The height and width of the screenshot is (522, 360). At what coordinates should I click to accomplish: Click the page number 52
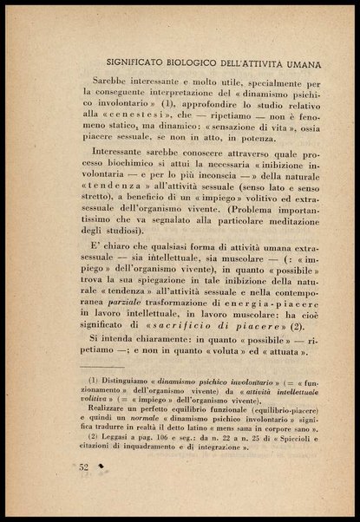[x=84, y=468]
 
